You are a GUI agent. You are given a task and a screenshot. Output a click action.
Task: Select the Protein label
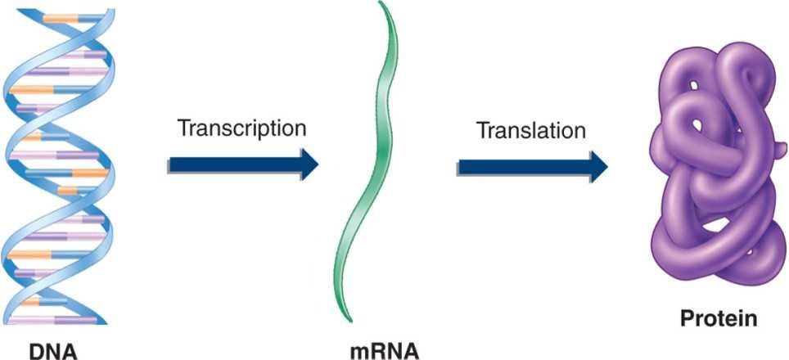(x=717, y=318)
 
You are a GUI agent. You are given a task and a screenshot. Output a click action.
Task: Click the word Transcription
(x=242, y=128)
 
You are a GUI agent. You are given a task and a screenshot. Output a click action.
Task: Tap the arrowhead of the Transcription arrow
(x=307, y=164)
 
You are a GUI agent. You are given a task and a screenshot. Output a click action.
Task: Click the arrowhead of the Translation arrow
(x=597, y=166)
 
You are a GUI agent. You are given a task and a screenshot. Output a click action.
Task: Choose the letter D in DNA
(x=36, y=350)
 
